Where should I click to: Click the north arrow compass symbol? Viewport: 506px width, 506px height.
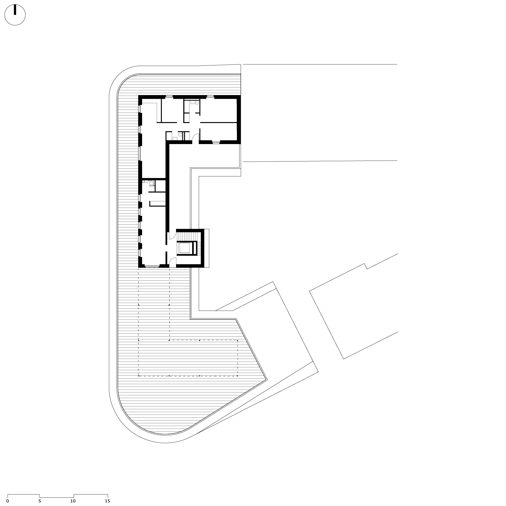point(15,15)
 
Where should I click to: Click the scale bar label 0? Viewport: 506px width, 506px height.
point(8,501)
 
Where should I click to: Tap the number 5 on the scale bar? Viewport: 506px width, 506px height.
point(40,501)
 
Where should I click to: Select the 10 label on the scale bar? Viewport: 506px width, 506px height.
point(73,501)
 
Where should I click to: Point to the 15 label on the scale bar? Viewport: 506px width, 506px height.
point(107,501)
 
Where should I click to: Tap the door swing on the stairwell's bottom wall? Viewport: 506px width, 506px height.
point(173,262)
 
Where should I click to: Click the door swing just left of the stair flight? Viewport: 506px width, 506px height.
point(172,236)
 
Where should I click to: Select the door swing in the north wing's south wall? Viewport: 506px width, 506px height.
point(196,138)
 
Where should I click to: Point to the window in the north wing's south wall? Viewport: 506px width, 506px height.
point(216,142)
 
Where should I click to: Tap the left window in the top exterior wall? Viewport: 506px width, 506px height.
point(169,97)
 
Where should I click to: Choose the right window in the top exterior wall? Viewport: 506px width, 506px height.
point(211,97)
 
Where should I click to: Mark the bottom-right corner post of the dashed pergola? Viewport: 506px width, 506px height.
point(237,376)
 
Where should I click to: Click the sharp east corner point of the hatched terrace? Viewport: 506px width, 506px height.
point(267,380)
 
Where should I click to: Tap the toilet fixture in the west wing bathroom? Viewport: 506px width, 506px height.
point(151,181)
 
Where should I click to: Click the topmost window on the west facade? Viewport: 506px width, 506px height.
point(140,109)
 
